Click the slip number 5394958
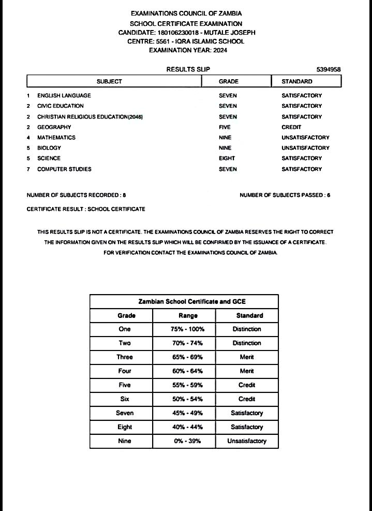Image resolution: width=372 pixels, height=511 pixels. tap(328, 69)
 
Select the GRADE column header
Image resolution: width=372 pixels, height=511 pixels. tap(229, 81)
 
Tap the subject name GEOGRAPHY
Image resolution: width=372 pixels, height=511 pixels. tap(54, 127)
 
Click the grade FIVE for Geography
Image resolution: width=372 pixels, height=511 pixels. tap(225, 127)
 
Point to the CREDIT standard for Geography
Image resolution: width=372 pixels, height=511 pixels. tap(291, 127)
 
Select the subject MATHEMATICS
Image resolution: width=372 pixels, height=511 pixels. tap(56, 138)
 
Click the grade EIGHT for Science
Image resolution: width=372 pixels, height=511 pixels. tap(227, 158)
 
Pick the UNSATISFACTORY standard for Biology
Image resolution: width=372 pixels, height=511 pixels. tap(305, 148)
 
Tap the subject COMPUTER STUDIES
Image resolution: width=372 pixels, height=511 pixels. tap(64, 169)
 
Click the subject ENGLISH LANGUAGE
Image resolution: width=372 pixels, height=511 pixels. tap(64, 95)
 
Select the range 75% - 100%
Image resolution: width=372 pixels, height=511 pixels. tap(187, 329)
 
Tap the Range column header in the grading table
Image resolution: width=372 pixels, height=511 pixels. tap(188, 315)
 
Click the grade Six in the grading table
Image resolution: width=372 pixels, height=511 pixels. tap(125, 399)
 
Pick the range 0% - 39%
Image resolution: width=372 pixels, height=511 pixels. tap(187, 441)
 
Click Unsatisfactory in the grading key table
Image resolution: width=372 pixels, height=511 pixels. tap(247, 441)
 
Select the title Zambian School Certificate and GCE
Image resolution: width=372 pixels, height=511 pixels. tap(184, 301)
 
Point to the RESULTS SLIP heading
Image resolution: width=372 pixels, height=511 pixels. tap(188, 69)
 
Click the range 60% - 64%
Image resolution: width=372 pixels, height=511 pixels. tap(187, 371)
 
